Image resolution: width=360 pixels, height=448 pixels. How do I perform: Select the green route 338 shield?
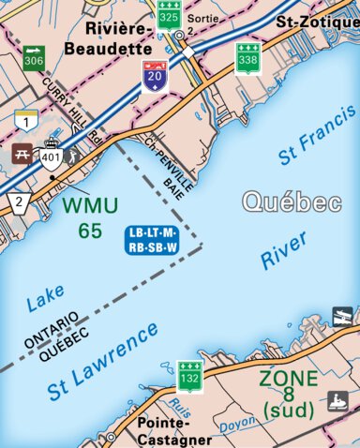248,58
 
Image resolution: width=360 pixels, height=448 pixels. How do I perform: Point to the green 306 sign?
34,56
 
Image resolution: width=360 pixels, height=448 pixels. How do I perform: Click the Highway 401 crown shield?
51,157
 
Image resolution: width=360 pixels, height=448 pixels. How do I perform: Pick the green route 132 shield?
191,374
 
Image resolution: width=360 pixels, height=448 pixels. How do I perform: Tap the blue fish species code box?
151,238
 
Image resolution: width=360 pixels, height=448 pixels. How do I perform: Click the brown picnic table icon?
21,154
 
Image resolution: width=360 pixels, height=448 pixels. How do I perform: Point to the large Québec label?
291,202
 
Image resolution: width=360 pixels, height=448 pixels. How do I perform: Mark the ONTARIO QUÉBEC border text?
57,338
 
